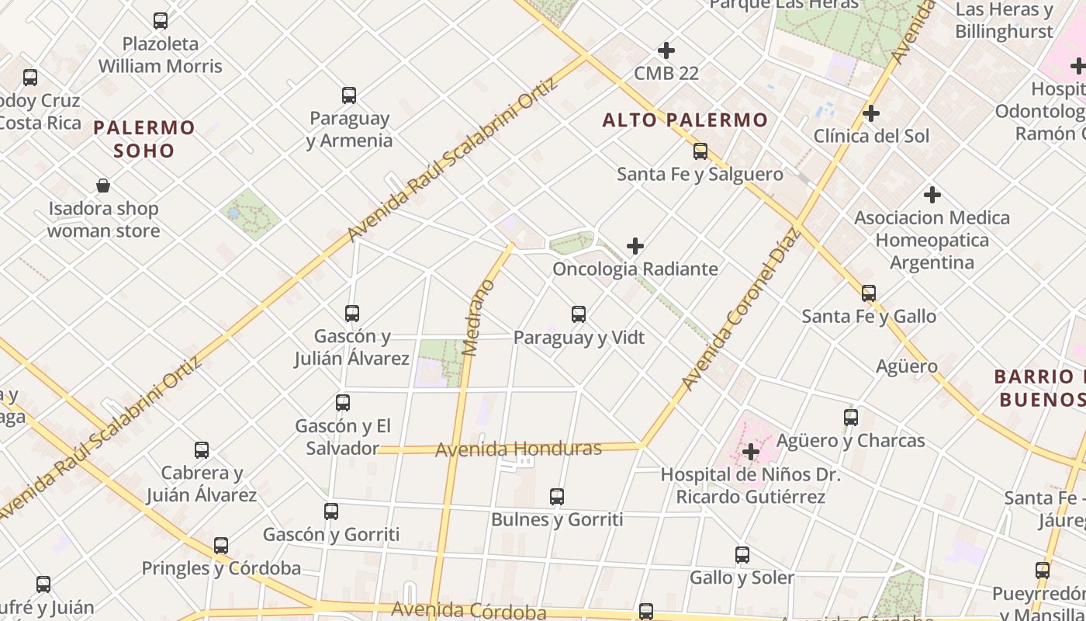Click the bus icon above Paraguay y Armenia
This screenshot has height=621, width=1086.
click(349, 95)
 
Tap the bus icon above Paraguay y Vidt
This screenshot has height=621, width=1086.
click(579, 314)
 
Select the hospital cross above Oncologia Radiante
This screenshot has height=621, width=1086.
click(635, 246)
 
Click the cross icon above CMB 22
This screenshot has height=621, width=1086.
click(666, 50)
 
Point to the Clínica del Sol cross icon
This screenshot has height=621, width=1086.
click(871, 113)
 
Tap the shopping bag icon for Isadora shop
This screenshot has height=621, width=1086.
click(103, 186)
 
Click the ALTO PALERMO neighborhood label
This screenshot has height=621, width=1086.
click(685, 120)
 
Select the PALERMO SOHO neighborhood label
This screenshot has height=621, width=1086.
click(144, 139)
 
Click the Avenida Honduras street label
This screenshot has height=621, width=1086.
click(518, 449)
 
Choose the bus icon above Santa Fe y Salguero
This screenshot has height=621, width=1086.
click(700, 151)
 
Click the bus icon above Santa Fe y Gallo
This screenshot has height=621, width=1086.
click(869, 293)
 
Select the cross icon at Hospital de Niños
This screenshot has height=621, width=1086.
click(750, 451)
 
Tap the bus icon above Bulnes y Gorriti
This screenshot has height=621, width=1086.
click(557, 497)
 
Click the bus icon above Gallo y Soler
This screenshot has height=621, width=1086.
click(742, 555)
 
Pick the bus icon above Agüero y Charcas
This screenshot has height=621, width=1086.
click(851, 418)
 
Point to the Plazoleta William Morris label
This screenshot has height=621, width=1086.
click(161, 55)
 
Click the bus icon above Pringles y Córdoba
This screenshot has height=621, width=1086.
click(221, 546)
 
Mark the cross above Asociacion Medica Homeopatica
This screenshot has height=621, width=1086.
click(932, 195)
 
